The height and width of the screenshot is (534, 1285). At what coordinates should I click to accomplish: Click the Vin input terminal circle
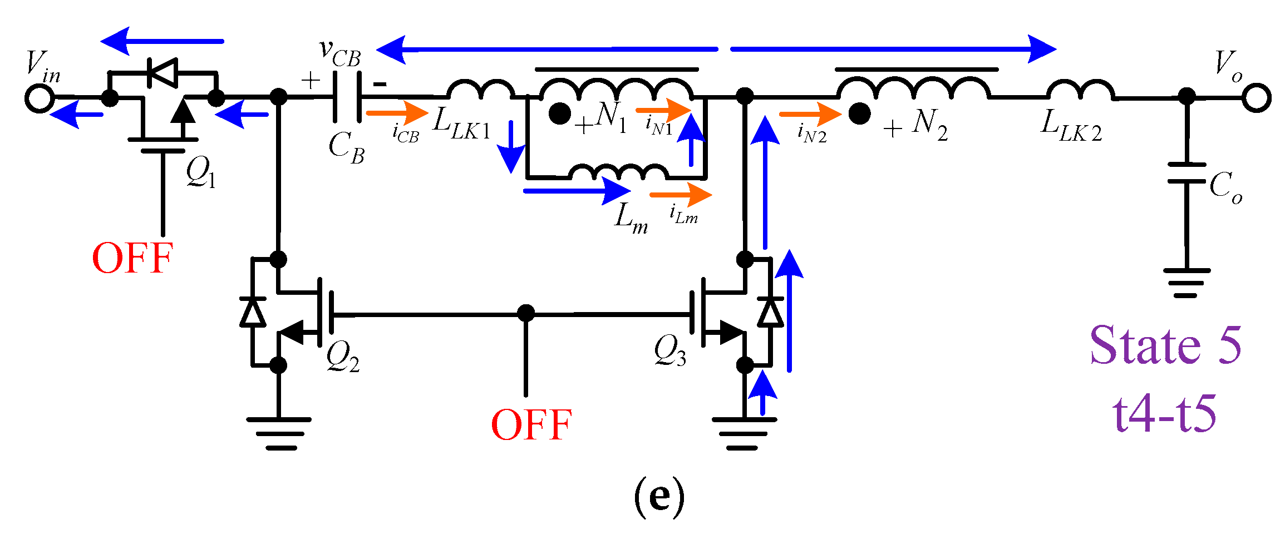pos(40,98)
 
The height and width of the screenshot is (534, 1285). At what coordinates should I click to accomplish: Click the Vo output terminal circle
pos(1257,98)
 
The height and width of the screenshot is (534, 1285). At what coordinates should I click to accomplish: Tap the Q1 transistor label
pos(201,172)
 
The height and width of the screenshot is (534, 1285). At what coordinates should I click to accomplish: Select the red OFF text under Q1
pos(132,259)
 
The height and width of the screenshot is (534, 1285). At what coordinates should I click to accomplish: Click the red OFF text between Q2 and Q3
pos(531,425)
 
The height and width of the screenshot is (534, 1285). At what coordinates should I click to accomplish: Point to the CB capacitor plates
pos(347,98)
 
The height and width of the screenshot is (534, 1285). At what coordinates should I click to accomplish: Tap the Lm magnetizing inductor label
pos(631,217)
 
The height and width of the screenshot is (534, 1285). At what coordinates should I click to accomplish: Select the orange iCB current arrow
pos(397,114)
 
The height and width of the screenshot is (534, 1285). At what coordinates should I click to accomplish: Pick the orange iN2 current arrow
pos(810,115)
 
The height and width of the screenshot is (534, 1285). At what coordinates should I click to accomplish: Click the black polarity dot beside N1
pos(559,114)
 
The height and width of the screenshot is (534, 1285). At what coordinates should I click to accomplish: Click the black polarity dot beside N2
pos(859,114)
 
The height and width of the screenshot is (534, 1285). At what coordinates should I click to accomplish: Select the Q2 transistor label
pos(342,356)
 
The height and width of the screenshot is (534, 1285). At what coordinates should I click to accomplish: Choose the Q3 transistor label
pos(670,352)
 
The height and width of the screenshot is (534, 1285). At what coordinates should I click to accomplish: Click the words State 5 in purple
pos(1165,346)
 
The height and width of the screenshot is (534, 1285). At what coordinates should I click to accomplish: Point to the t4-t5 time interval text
pos(1164,414)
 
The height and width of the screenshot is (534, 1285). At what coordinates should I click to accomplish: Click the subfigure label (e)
pos(659,497)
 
